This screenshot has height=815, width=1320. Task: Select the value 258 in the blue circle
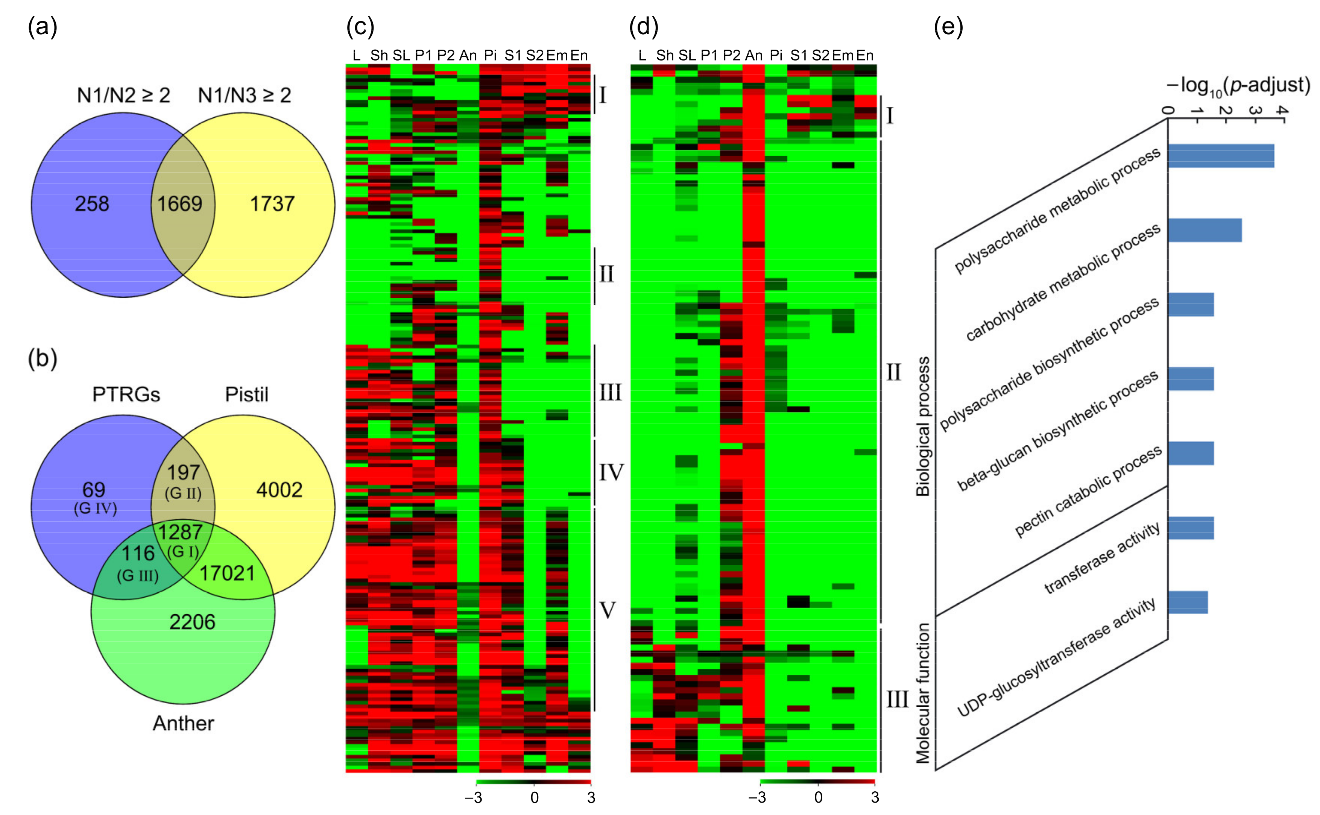point(92,204)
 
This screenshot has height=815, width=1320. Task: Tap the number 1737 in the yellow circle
point(272,204)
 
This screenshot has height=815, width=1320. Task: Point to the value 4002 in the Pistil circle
point(279,490)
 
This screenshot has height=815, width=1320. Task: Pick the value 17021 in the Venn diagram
point(227,573)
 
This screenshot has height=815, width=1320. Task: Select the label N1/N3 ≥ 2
point(245,96)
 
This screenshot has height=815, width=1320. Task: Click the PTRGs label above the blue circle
point(126,395)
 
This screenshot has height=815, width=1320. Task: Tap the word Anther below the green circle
point(183,723)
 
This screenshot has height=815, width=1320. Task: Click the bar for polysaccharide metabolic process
point(1221,156)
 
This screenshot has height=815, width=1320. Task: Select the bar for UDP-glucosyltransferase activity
point(1188,603)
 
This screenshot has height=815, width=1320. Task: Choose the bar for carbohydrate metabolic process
point(1205,230)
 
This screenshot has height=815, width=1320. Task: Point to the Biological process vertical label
point(923,426)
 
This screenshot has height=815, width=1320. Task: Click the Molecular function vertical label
point(923,693)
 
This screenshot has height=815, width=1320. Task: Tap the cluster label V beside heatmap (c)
point(608,610)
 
